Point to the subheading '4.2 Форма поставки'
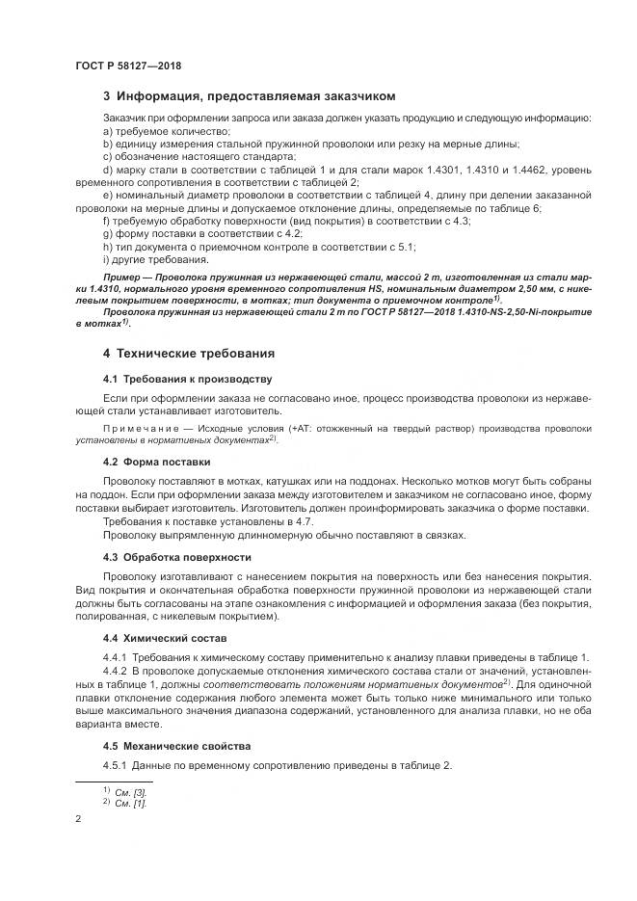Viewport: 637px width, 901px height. click(157, 462)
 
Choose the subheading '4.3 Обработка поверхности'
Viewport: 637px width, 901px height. click(176, 557)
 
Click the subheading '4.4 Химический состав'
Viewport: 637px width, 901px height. click(165, 638)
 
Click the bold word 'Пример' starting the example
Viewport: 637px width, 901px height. click(122, 277)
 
